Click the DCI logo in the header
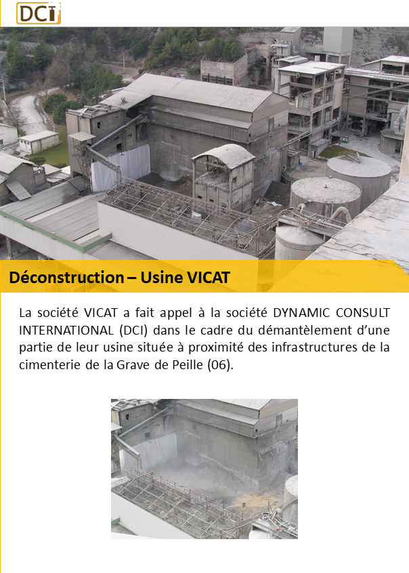pos(39,13)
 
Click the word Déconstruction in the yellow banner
pos(66,278)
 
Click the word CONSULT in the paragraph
pos(362,313)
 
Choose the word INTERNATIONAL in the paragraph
pos(66,331)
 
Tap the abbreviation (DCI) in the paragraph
pos(133,331)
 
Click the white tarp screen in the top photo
pos(121,167)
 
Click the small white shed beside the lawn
pos(39,142)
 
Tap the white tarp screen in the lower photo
pos(150,452)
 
